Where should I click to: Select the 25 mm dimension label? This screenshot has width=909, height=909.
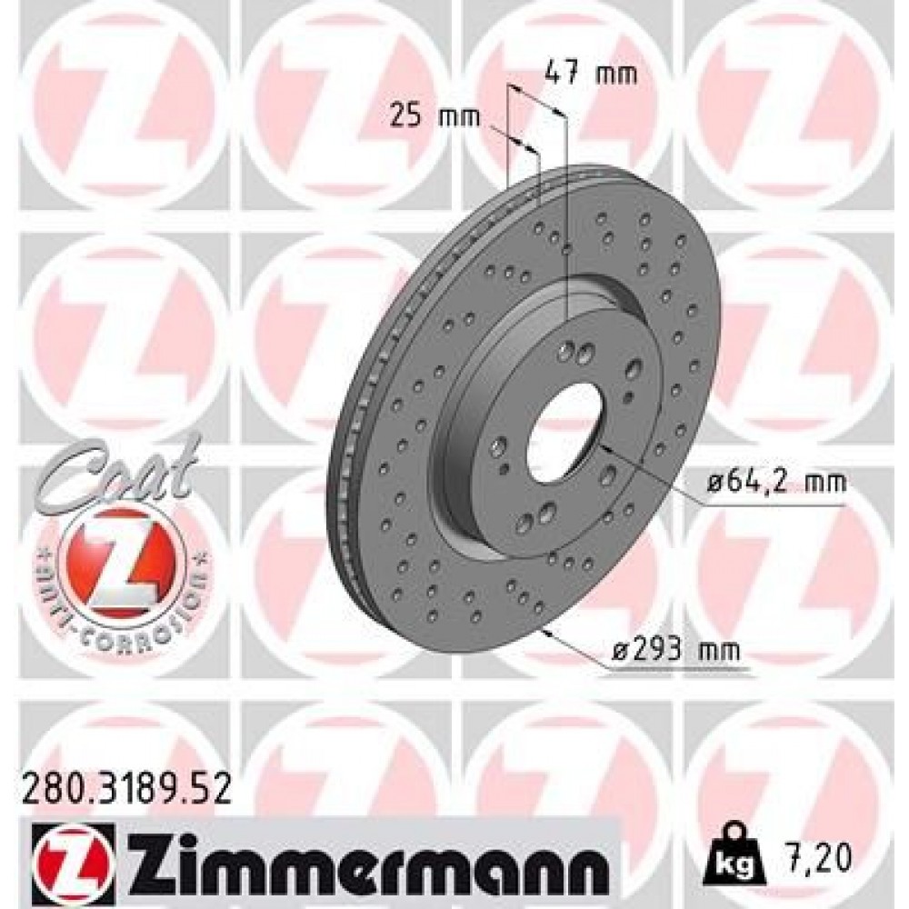[422, 115]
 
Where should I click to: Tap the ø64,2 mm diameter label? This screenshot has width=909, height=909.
[778, 482]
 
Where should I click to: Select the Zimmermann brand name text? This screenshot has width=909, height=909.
[355, 859]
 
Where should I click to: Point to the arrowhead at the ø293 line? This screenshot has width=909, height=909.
[546, 631]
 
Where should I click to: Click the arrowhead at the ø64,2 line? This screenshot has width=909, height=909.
[604, 449]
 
